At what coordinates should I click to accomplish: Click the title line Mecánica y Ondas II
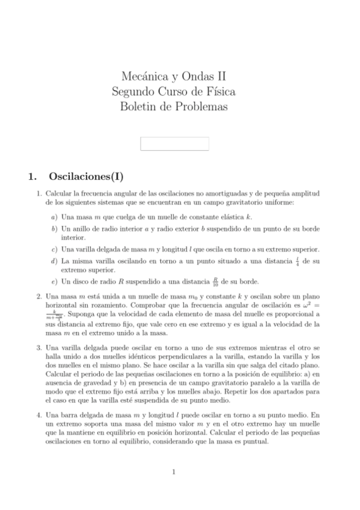174,76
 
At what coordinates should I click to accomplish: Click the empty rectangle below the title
174,144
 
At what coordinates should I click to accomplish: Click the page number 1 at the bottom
174,472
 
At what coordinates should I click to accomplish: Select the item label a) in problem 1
54,217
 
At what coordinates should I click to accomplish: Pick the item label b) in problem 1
54,229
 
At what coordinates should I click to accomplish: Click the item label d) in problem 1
54,261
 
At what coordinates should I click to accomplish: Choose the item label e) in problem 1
54,281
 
